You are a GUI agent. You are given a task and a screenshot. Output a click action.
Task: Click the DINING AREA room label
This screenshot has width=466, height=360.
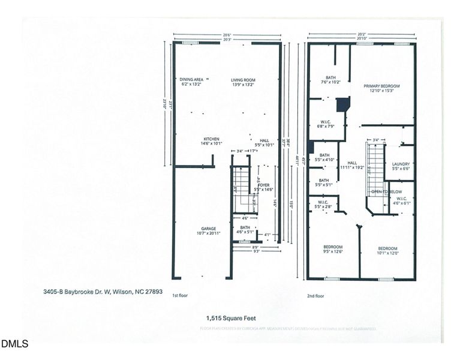tap(191, 79)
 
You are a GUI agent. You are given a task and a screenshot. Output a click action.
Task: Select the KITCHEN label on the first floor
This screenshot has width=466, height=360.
tap(211, 139)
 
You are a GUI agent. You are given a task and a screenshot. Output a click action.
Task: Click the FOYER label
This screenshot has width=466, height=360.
tap(264, 185)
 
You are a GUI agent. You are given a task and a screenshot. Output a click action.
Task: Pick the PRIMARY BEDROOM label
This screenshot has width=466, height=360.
tap(381, 86)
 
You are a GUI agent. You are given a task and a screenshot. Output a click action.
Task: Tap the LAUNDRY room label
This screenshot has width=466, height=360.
tap(400, 164)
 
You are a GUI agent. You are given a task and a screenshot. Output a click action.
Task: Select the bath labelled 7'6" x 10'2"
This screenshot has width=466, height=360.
tap(330, 77)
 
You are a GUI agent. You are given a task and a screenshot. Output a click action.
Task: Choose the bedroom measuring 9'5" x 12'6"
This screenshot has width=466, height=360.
tap(333, 247)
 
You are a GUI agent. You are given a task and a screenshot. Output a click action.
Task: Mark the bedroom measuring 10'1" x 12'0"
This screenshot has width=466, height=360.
tap(388, 247)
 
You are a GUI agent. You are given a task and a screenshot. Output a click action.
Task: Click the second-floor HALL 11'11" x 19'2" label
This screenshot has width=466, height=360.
tap(352, 163)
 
